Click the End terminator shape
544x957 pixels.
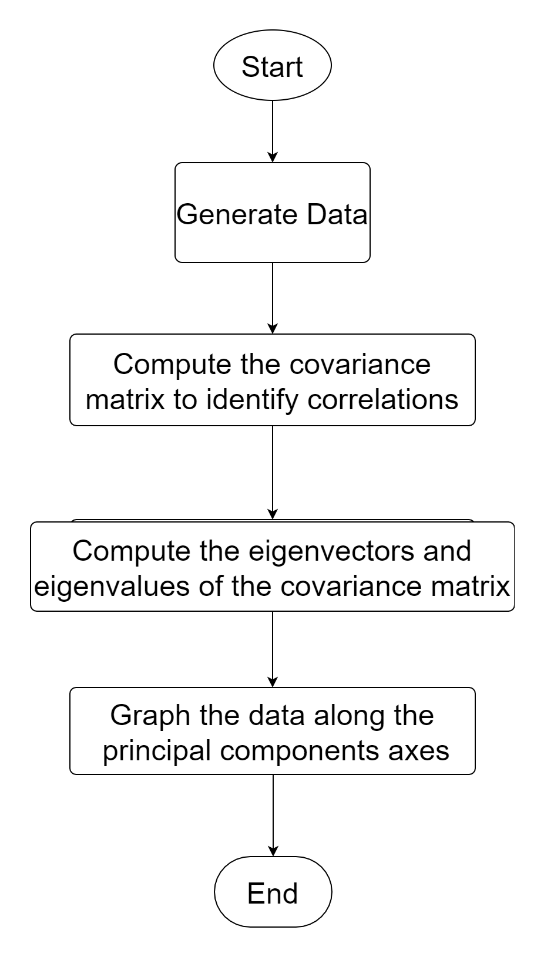273,892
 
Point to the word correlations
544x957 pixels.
382,399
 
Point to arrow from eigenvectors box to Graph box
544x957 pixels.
272,649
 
